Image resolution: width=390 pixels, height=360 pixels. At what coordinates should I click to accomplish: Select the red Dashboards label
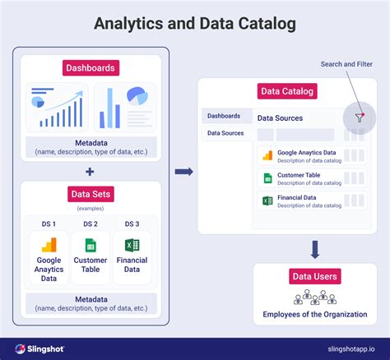(x=91, y=67)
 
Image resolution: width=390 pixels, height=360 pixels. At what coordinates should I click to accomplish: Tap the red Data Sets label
(x=91, y=194)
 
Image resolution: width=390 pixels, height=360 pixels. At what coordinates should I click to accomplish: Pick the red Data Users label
(x=315, y=276)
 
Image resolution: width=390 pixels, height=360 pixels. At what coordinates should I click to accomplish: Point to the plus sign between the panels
(x=90, y=171)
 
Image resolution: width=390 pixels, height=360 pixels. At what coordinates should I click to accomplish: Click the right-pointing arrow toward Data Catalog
(x=184, y=171)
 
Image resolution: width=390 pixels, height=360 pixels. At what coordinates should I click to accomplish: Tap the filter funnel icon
(x=359, y=118)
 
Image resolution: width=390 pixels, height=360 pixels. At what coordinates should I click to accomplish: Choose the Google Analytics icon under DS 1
(x=49, y=245)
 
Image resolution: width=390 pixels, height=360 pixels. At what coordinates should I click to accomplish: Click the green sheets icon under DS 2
(x=91, y=245)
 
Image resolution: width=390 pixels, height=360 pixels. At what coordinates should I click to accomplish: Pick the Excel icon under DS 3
(x=131, y=245)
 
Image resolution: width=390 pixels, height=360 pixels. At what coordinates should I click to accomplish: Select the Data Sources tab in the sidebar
(x=225, y=132)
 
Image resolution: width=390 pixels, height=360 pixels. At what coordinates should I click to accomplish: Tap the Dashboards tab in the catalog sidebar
(x=224, y=116)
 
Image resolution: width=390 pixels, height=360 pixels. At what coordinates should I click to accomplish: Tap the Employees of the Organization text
(x=315, y=313)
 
